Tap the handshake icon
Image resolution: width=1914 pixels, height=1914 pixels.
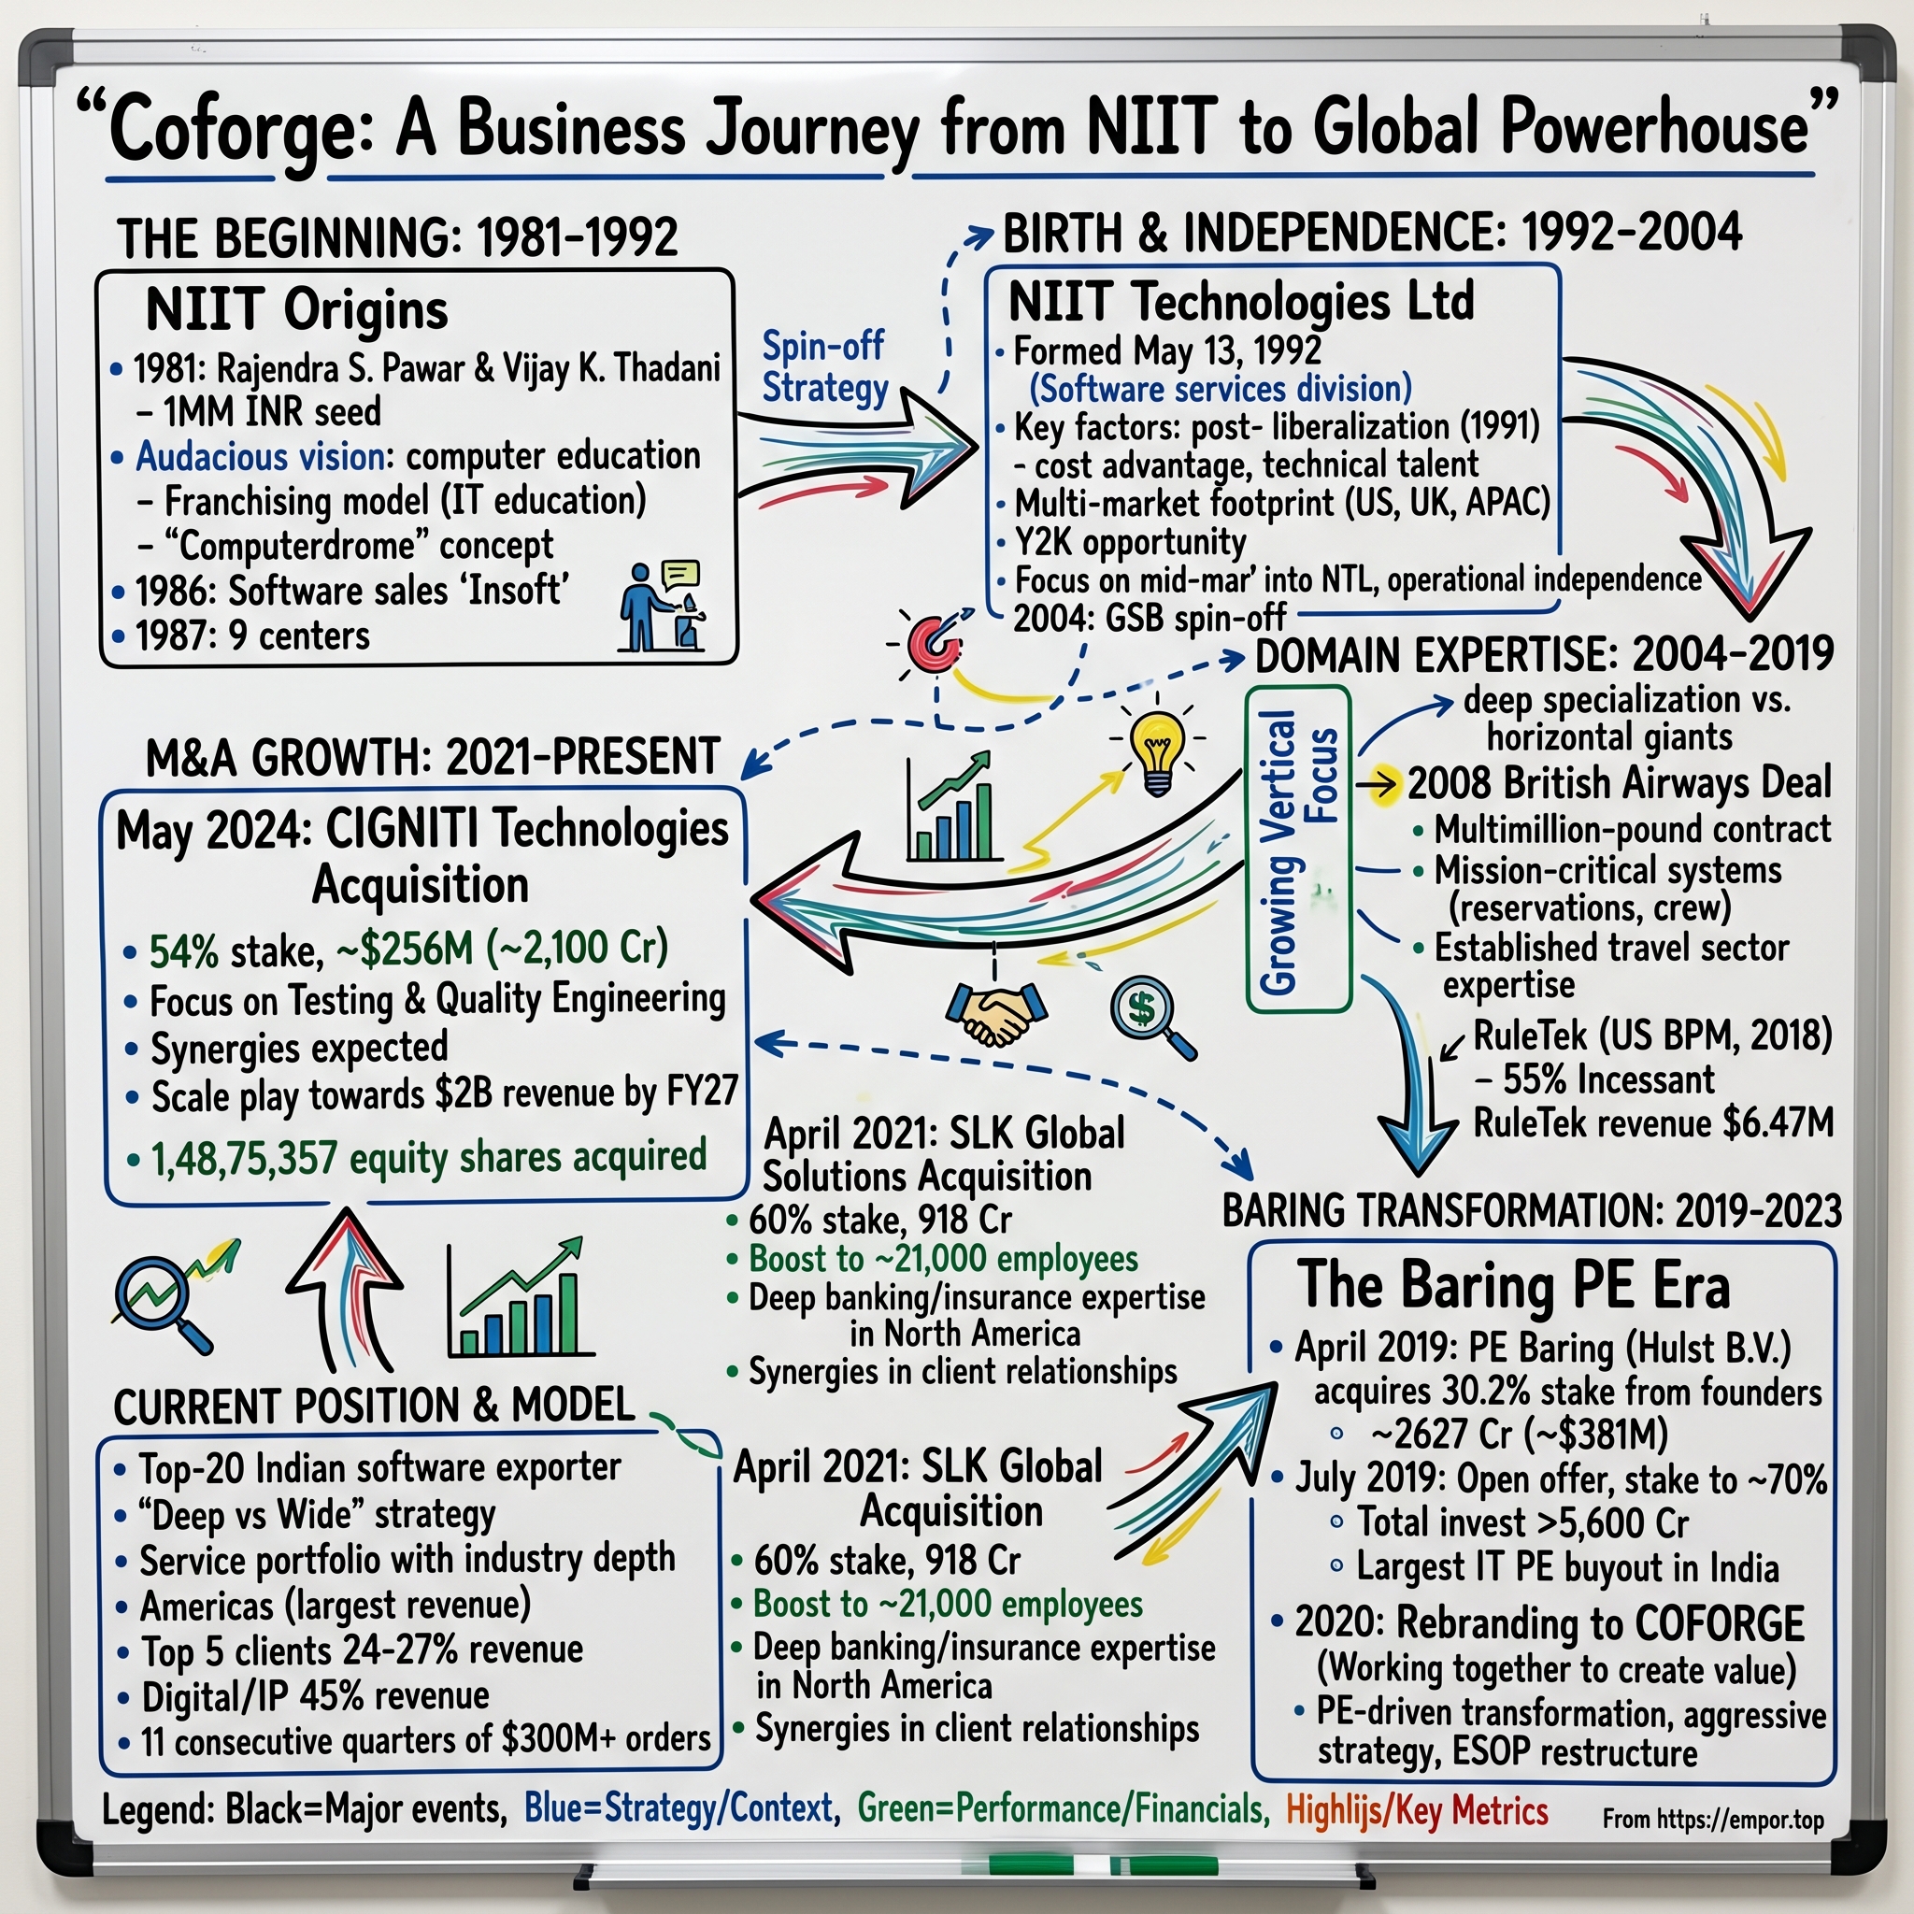click(x=995, y=1013)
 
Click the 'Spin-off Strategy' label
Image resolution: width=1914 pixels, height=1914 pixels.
click(x=824, y=366)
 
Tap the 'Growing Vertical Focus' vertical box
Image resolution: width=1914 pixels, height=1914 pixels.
click(x=1298, y=849)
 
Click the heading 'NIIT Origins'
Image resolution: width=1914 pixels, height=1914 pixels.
click(x=296, y=309)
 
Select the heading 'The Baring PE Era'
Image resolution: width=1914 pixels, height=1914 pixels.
click(x=1514, y=1286)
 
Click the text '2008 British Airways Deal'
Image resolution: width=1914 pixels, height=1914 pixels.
click(x=1619, y=782)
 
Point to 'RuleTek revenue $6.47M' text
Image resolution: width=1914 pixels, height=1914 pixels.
click(x=1652, y=1123)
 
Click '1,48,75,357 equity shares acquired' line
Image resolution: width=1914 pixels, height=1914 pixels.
click(x=428, y=1157)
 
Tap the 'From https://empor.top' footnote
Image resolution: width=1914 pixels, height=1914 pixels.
click(x=1713, y=1820)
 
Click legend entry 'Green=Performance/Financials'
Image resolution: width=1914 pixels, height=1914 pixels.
click(x=1063, y=1809)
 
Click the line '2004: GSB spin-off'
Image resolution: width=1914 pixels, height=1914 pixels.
click(x=1150, y=618)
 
